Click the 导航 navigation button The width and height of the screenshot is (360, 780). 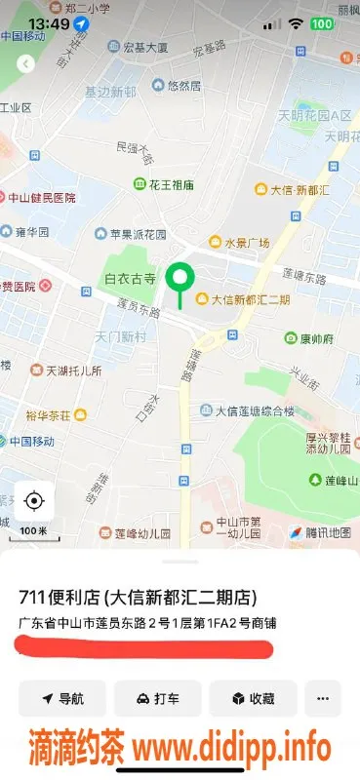(x=61, y=698)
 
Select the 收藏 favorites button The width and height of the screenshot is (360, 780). (x=252, y=698)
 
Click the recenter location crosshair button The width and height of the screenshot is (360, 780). (x=34, y=501)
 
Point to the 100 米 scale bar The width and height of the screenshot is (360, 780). (x=33, y=530)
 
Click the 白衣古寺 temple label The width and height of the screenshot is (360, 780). (x=130, y=280)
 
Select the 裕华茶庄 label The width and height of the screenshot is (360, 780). (x=56, y=415)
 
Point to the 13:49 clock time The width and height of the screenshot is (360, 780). (x=49, y=22)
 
